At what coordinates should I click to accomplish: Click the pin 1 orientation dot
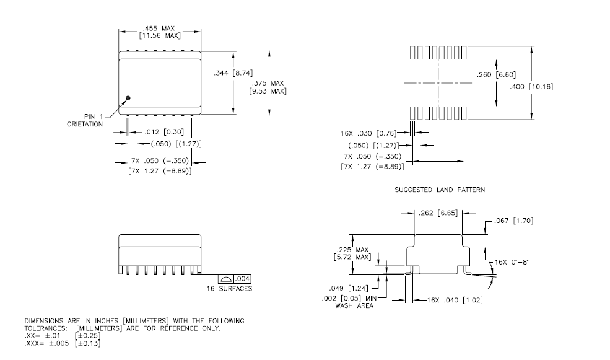[x=128, y=97]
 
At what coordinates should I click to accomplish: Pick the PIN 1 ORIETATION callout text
[x=87, y=120]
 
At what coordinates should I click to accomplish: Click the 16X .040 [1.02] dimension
[x=454, y=300]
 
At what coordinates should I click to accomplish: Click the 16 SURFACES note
[x=230, y=289]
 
